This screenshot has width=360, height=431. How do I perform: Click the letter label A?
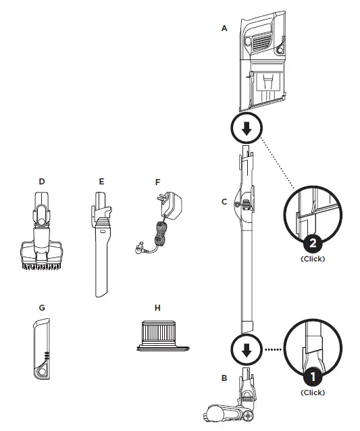click(224, 28)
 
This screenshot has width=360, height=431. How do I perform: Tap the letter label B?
click(224, 378)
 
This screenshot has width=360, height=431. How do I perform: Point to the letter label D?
click(42, 181)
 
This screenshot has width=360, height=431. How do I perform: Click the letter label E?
click(101, 181)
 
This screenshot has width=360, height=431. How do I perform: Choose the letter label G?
click(42, 307)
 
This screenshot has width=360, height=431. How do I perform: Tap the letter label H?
click(157, 307)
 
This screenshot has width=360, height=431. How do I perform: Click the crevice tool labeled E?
click(102, 250)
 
